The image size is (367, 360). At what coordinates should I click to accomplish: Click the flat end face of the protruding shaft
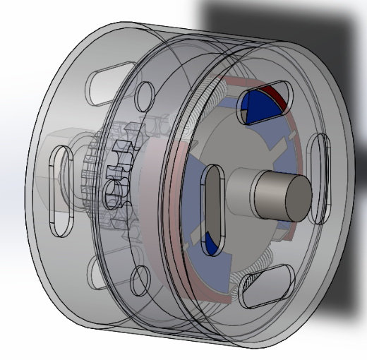pos(294,194)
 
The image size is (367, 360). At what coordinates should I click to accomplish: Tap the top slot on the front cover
pos(260,105)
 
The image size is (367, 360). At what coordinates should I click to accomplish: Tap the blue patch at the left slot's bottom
pos(210,243)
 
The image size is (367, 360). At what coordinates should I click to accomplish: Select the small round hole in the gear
pos(114,191)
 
